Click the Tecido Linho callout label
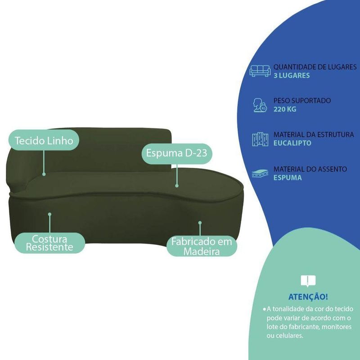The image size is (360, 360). point(44,140)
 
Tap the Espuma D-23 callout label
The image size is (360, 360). point(176,153)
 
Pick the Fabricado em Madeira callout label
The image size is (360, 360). point(202,247)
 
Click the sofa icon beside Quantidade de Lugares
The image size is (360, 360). point(260,71)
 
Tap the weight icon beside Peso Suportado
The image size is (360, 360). point(260,105)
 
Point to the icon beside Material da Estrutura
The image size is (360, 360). point(260,139)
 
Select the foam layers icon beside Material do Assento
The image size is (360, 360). point(260,173)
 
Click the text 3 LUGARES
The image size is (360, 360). point(292,76)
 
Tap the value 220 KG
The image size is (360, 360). point(285,109)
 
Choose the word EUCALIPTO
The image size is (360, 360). point(292,143)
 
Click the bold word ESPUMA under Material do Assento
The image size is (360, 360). point(288,178)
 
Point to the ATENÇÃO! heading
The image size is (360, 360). point(308,297)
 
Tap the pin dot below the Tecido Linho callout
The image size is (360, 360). point(44,173)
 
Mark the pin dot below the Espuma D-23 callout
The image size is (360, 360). point(177,184)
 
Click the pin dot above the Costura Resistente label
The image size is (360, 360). point(49,215)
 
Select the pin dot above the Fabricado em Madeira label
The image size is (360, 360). point(200,222)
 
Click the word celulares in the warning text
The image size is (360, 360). point(290,335)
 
